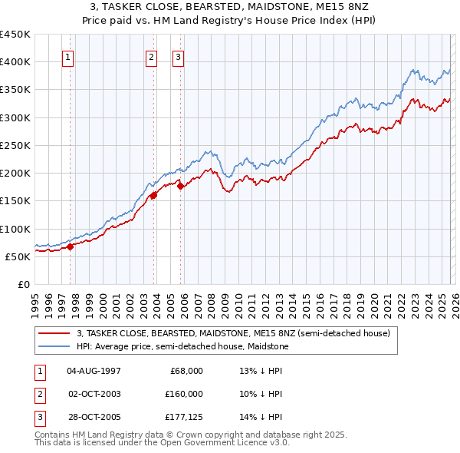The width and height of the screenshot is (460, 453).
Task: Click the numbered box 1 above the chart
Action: pyautogui.click(x=67, y=56)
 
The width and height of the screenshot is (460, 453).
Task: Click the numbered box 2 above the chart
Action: pyautogui.click(x=151, y=56)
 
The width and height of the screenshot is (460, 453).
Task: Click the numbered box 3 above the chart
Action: pyautogui.click(x=178, y=56)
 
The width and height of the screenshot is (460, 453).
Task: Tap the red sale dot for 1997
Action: pyautogui.click(x=70, y=246)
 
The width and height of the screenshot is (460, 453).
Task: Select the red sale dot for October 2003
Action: pyautogui.click(x=153, y=195)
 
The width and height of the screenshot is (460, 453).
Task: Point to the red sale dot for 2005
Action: pyautogui.click(x=181, y=186)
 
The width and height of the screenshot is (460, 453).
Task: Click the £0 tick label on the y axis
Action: pyautogui.click(x=24, y=284)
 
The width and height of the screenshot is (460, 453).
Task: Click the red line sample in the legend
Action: pyautogui.click(x=54, y=333)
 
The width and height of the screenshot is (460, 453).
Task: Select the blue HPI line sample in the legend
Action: pyautogui.click(x=54, y=346)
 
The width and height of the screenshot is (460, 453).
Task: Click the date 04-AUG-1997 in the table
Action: pyautogui.click(x=94, y=371)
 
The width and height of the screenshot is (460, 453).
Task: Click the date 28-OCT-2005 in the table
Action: pyautogui.click(x=94, y=417)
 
